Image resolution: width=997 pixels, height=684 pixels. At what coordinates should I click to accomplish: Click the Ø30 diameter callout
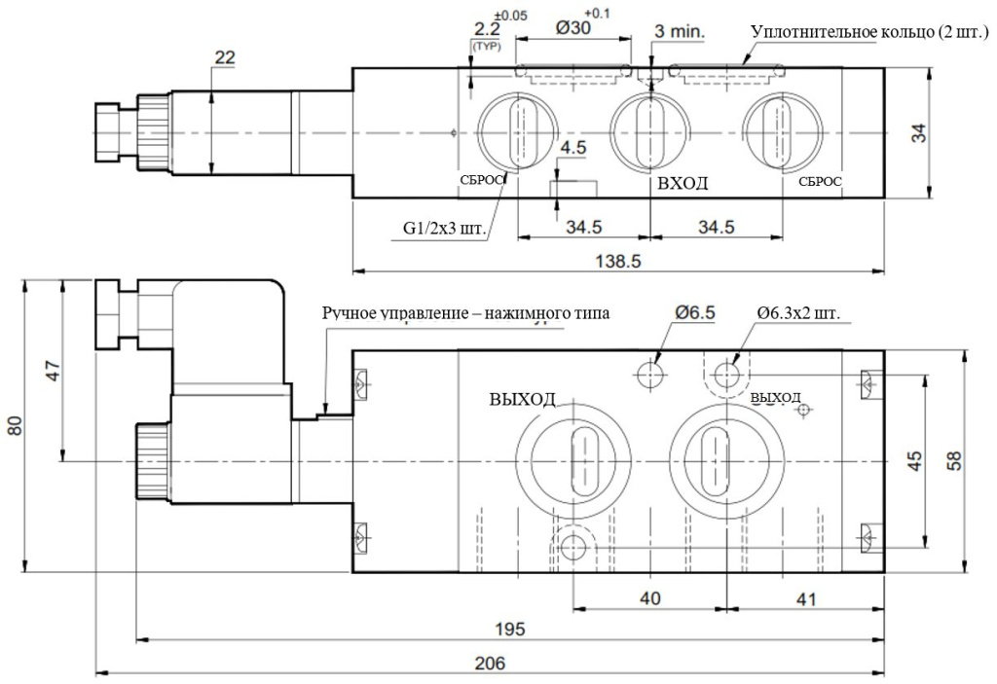574,29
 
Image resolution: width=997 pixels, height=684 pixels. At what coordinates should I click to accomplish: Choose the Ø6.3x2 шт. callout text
798,313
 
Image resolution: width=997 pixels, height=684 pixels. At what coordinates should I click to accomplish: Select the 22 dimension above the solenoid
225,58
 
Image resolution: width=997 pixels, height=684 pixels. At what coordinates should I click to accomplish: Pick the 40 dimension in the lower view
649,596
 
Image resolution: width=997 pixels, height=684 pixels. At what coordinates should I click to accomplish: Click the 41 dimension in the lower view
805,596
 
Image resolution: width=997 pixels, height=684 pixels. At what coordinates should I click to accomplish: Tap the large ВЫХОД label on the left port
522,398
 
